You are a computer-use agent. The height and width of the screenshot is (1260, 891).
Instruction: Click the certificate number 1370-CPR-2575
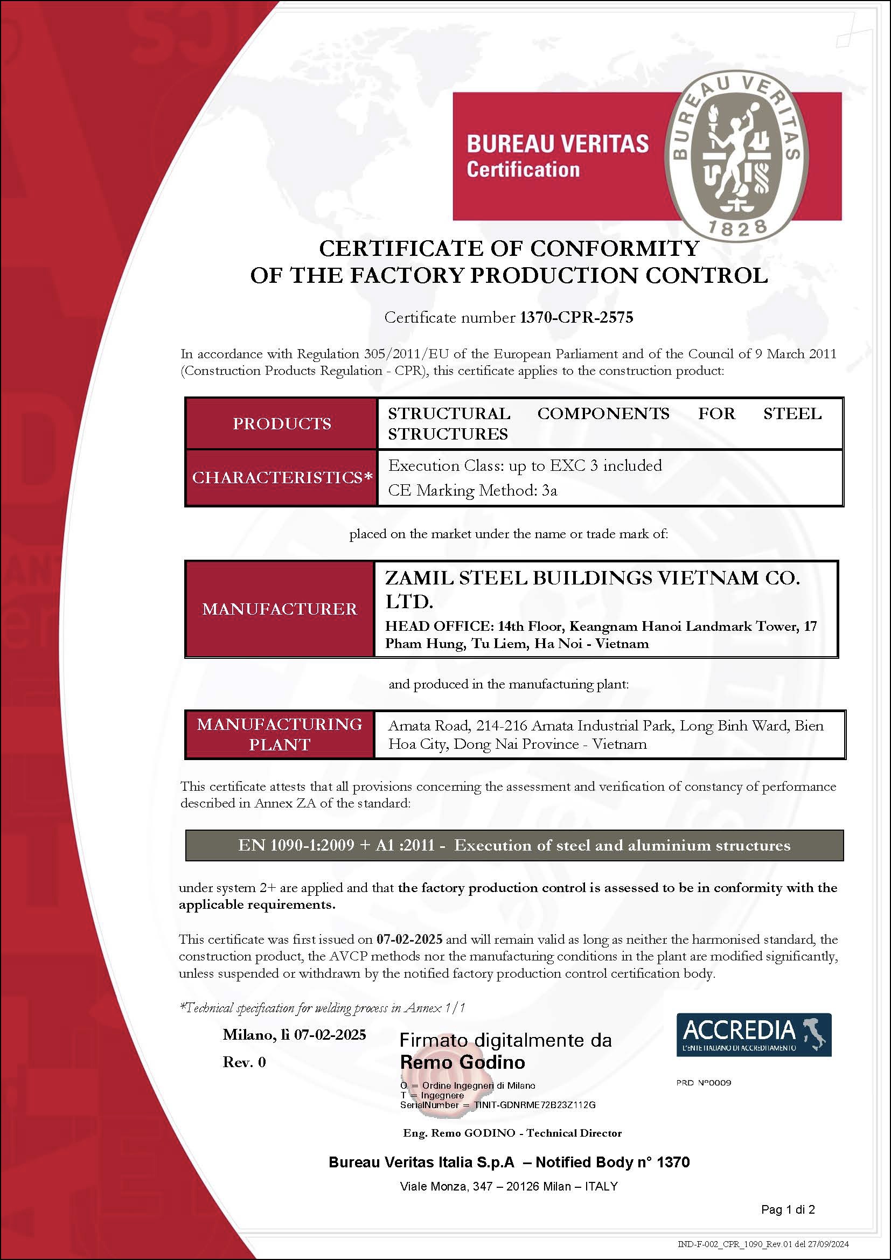[576, 317]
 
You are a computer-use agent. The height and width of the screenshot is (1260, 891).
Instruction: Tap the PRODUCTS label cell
[281, 423]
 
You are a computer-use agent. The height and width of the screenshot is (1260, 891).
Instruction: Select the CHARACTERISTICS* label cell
[281, 477]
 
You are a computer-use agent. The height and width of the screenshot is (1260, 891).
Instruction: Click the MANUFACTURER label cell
[280, 609]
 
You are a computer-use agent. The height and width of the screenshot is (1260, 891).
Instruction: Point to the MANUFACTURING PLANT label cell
[280, 734]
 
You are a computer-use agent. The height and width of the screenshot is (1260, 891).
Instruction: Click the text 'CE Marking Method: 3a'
[472, 490]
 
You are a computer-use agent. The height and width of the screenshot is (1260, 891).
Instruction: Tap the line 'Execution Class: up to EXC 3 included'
[525, 465]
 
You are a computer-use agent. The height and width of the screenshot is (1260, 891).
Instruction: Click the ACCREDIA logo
[753, 1034]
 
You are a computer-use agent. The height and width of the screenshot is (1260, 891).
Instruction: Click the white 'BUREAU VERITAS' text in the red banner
[558, 144]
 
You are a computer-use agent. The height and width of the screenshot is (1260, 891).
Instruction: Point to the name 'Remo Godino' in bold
[462, 1062]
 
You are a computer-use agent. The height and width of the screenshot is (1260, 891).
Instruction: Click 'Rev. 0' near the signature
[244, 1062]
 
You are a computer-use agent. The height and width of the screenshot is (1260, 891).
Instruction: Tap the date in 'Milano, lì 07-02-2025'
[330, 1035]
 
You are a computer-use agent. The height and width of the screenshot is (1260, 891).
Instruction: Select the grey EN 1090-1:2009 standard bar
[514, 845]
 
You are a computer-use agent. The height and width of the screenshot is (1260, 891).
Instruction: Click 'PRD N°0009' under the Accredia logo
[704, 1083]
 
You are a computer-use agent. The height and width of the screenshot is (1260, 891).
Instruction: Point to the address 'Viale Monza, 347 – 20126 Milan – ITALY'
[509, 1186]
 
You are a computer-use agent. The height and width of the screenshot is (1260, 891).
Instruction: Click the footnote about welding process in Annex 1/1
[323, 1007]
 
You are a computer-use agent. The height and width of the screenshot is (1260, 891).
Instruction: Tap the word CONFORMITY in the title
[615, 248]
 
